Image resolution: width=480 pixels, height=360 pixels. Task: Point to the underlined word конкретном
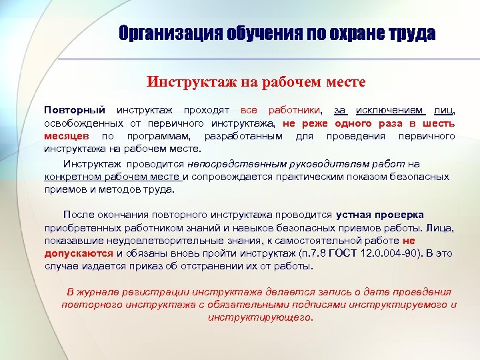[74, 177]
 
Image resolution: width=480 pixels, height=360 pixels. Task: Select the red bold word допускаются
[79, 253]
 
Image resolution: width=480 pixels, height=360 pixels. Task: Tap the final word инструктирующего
[260, 317]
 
